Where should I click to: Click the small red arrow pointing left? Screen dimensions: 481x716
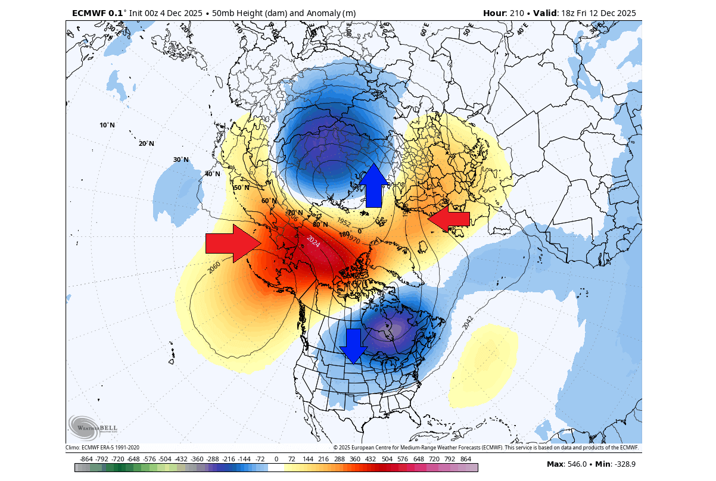(x=449, y=219)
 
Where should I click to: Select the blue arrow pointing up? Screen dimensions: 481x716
(x=373, y=186)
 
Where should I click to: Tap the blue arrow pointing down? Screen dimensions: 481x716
(x=354, y=346)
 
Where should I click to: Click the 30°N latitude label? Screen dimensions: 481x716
(x=181, y=160)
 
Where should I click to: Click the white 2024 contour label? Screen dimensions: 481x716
(x=313, y=242)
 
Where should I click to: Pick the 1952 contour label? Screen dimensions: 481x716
(x=344, y=221)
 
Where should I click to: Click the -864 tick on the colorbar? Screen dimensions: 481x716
(x=86, y=459)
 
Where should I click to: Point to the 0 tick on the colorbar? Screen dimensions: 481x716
(x=276, y=459)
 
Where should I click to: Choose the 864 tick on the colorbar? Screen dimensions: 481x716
(x=466, y=459)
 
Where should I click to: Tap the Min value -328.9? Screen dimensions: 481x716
(x=624, y=464)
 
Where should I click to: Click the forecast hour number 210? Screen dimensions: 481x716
(x=516, y=13)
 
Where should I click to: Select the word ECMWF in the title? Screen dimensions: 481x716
(x=89, y=13)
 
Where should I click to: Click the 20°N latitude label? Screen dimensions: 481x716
(x=147, y=143)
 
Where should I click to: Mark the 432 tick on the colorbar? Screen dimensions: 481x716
(x=371, y=459)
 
